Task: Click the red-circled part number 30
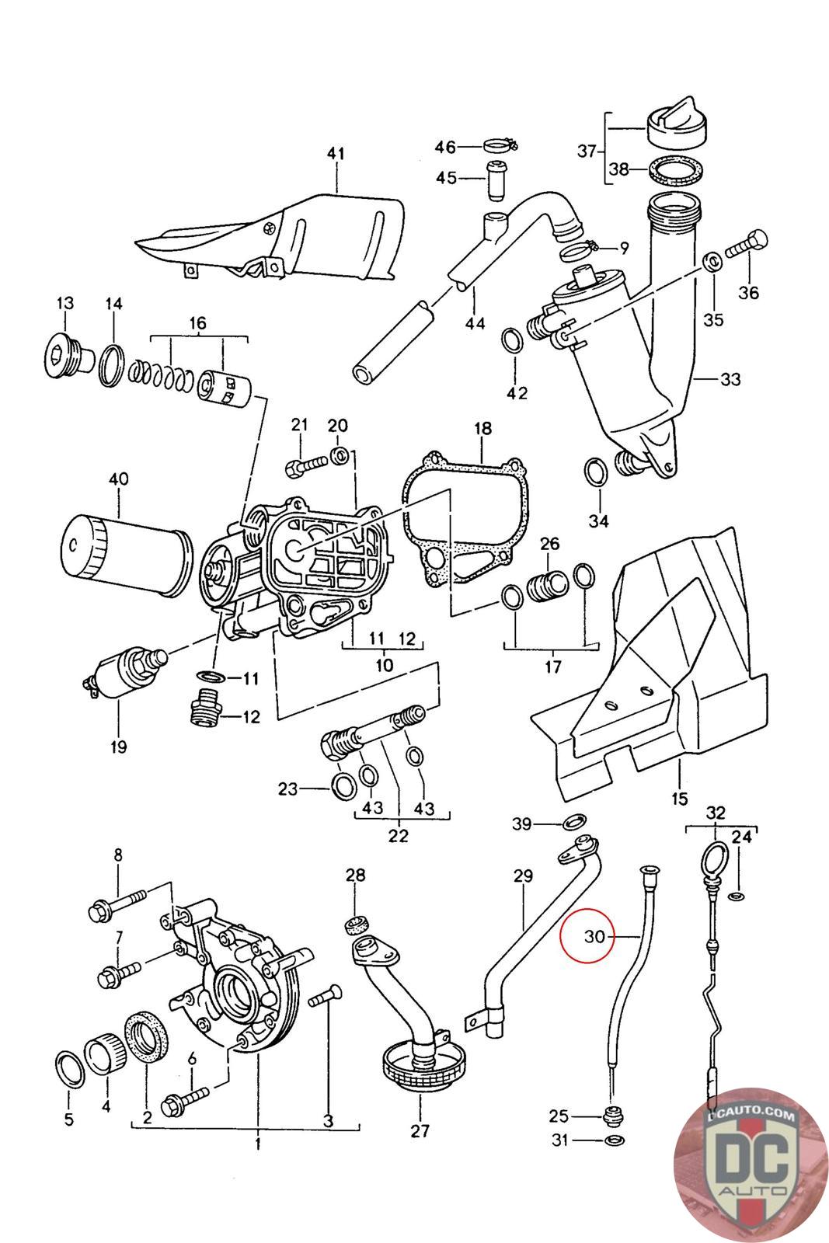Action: point(594,937)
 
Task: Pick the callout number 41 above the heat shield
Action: point(335,154)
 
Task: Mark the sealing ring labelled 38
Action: point(671,170)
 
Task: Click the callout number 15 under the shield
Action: point(680,798)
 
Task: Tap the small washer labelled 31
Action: point(614,1140)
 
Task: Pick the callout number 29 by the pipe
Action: point(523,876)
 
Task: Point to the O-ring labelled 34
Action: point(596,472)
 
